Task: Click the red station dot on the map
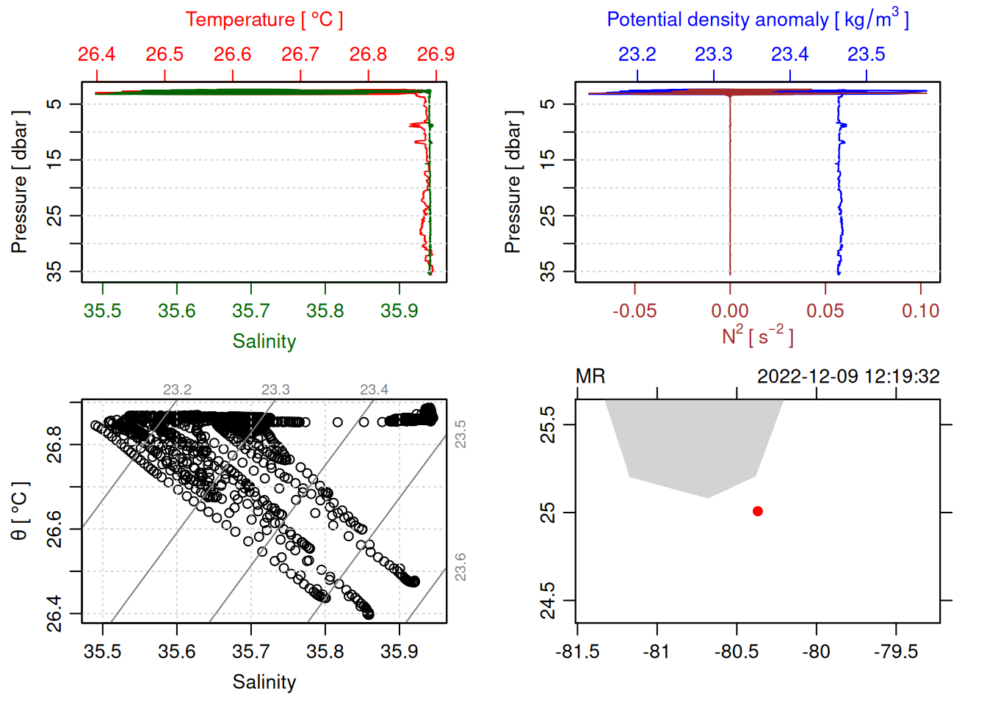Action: pyautogui.click(x=757, y=511)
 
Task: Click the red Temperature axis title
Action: pyautogui.click(x=264, y=20)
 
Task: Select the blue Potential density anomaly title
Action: pyautogui.click(x=757, y=20)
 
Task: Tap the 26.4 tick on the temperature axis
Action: pyautogui.click(x=97, y=54)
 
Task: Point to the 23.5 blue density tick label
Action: pyautogui.click(x=866, y=54)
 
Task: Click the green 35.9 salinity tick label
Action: pyautogui.click(x=399, y=311)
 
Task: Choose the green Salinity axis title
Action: pyautogui.click(x=264, y=341)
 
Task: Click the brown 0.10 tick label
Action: pyautogui.click(x=920, y=311)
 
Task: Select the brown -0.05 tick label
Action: pyautogui.click(x=634, y=311)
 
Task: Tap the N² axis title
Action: pyautogui.click(x=757, y=336)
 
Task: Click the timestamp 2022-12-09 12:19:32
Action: pyautogui.click(x=848, y=377)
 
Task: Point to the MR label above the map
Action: pyautogui.click(x=590, y=377)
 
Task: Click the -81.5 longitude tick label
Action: pyautogui.click(x=577, y=651)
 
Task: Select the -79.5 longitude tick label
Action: pyautogui.click(x=896, y=651)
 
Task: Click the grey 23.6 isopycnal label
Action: pyautogui.click(x=460, y=567)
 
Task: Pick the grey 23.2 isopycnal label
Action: pyautogui.click(x=177, y=389)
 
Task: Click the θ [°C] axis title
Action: pyautogui.click(x=20, y=511)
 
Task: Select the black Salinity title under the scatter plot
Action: pyautogui.click(x=264, y=682)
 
